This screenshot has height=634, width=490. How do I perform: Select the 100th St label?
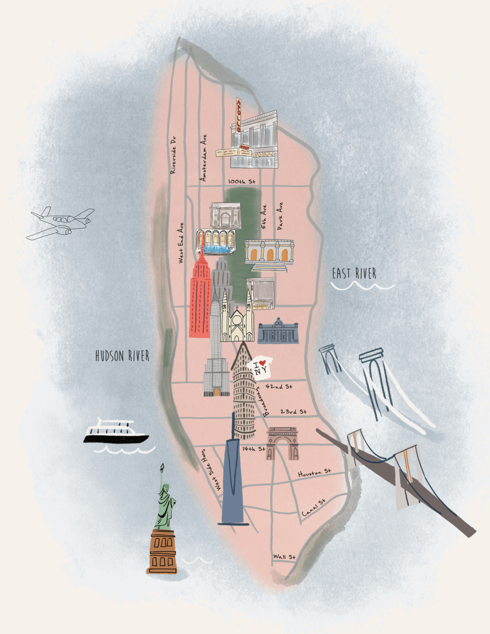242,182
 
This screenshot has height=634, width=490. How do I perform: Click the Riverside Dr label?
173,155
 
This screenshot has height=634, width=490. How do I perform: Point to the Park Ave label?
280,216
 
